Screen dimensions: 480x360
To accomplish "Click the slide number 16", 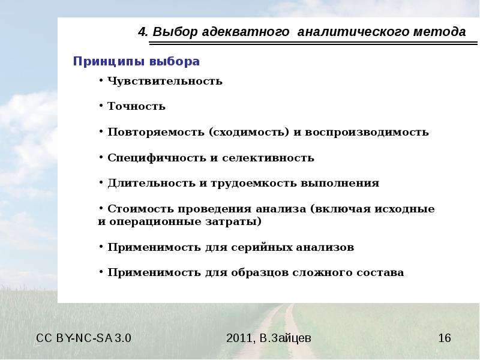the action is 445,338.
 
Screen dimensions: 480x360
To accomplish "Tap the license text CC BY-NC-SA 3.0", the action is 83,338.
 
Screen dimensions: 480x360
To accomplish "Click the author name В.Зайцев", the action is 286,338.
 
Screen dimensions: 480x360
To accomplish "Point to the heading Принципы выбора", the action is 136,61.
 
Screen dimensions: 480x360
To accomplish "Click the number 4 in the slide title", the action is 142,32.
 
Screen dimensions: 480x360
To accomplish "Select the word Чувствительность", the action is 164,81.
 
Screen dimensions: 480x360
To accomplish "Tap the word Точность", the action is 136,106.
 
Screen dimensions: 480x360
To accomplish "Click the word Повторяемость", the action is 156,132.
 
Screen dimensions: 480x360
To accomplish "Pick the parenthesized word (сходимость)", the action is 249,132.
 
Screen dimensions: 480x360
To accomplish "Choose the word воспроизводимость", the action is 367,132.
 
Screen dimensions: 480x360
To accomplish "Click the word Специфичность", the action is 157,158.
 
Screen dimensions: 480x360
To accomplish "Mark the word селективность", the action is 268,158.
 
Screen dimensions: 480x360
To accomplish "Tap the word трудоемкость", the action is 253,183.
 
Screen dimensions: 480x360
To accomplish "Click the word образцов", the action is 260,272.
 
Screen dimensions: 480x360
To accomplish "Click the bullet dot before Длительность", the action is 101,182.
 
